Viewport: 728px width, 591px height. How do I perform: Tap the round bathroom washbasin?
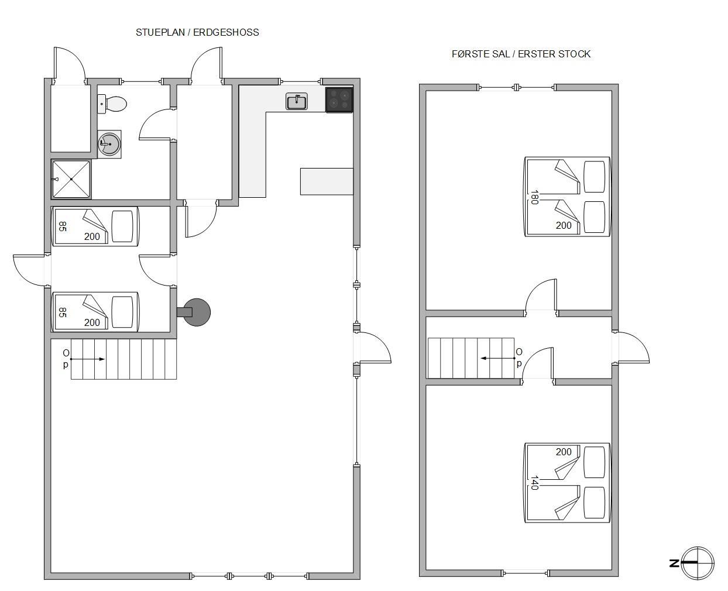click(109, 144)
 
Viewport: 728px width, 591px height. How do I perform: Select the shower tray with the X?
click(71, 179)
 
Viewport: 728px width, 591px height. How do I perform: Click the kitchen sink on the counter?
click(296, 102)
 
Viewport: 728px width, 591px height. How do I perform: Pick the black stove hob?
click(339, 99)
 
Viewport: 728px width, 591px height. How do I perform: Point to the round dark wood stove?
click(197, 312)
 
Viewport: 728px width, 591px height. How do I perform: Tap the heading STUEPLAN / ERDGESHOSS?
click(197, 32)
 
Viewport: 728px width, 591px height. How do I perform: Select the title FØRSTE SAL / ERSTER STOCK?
click(521, 54)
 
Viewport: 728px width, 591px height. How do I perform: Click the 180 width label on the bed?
click(534, 197)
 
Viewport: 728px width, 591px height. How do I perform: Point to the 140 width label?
click(534, 483)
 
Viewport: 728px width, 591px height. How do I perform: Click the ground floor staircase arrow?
click(88, 359)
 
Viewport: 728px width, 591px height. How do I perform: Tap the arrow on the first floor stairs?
click(497, 358)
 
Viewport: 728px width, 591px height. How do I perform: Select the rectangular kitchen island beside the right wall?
click(327, 181)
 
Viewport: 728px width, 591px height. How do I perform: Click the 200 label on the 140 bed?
click(563, 452)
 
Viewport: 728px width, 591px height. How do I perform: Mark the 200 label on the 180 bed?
click(563, 225)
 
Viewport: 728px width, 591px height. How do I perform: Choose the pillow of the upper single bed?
click(122, 226)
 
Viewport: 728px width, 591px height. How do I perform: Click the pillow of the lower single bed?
click(122, 312)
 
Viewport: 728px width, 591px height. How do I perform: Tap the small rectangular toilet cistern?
click(102, 104)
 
